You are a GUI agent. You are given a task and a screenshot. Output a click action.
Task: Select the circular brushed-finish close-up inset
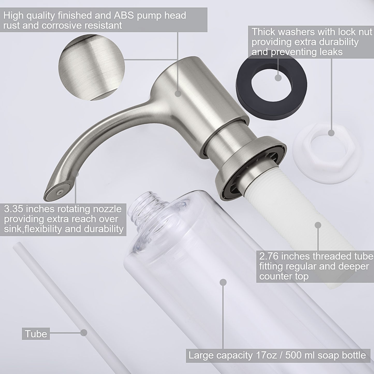(92, 68)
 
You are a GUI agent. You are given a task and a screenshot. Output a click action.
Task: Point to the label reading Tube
(36, 334)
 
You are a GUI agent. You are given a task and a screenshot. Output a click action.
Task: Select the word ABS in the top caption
(124, 16)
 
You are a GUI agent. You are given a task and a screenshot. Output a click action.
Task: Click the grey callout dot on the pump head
(178, 94)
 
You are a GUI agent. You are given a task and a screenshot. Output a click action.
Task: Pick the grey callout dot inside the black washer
(278, 77)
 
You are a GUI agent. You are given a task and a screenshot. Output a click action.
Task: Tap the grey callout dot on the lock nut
(331, 133)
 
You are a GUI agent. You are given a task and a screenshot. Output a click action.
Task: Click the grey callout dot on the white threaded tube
(318, 225)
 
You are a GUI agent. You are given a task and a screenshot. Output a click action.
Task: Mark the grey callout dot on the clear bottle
(223, 282)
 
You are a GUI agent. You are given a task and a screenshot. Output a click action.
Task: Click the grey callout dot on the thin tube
(83, 333)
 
